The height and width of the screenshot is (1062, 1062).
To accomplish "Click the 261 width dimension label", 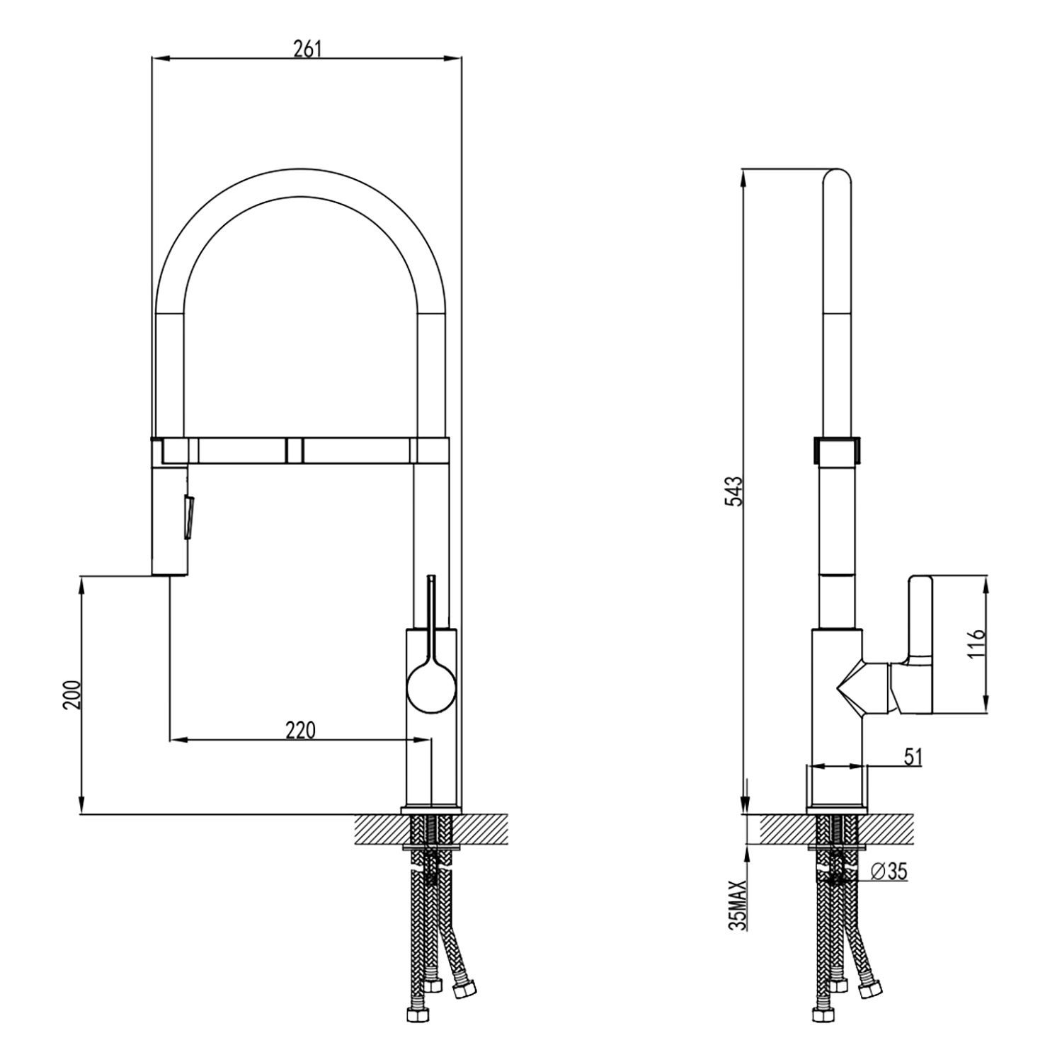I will tap(307, 48).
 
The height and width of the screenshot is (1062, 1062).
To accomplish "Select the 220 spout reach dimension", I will tap(299, 729).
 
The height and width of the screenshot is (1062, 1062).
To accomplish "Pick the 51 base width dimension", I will tap(913, 756).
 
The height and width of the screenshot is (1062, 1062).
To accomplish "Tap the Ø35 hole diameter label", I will tap(889, 872).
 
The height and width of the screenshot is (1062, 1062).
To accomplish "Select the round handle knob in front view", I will tap(431, 686).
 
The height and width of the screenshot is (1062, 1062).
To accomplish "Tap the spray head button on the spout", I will tap(188, 517).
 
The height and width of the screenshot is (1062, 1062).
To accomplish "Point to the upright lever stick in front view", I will tap(431, 602).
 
